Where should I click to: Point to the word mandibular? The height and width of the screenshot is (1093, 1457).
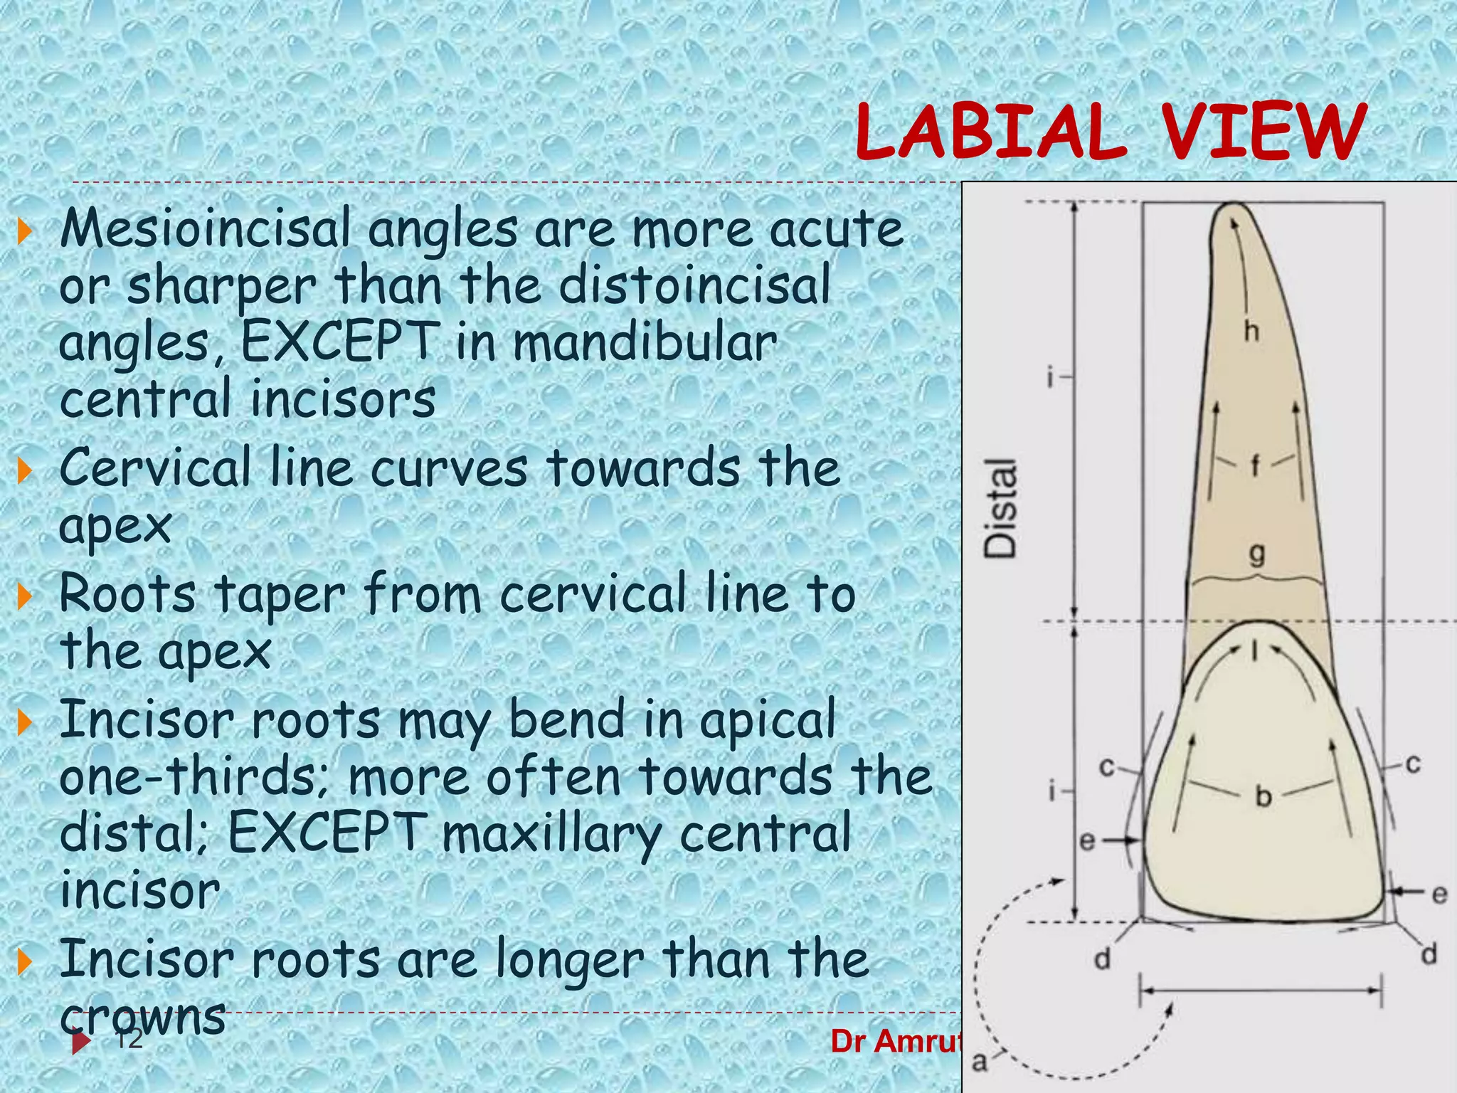coord(645,342)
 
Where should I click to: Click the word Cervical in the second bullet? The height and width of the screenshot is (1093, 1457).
coord(155,468)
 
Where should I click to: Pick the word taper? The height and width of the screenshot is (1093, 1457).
coord(280,594)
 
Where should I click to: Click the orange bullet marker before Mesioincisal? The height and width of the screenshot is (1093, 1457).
coord(25,231)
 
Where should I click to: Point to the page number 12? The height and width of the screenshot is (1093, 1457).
coord(129,1040)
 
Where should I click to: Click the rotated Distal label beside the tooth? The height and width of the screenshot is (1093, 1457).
coord(1001,507)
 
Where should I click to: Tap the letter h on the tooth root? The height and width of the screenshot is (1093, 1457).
coord(1251,331)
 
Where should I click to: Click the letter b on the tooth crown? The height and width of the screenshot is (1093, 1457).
coord(1263,796)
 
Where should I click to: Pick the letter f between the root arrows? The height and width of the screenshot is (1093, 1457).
coord(1255,466)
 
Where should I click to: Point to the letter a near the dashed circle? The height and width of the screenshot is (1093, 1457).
coord(980,1062)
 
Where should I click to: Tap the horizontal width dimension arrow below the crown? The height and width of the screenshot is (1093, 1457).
coord(1261,990)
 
